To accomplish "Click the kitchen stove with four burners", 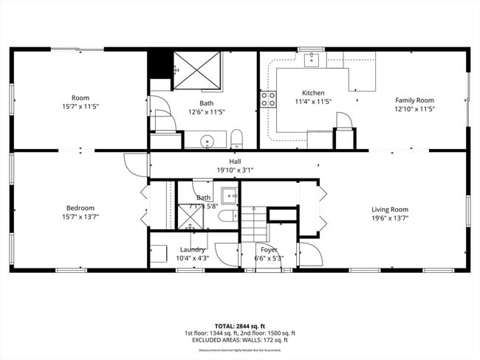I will coord(267,99).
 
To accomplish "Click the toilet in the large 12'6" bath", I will coord(237,138).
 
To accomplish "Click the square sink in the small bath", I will coord(230,196).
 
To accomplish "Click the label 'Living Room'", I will coord(389,209).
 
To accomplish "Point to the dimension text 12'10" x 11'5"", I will coord(414,108).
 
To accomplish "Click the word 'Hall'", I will coord(235,161).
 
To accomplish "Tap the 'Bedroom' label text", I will coord(80,209).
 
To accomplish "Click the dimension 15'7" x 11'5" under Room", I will coord(80,107).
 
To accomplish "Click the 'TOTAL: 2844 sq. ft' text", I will coord(236,325).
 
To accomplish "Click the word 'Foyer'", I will coord(269,249).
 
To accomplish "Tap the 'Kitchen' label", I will coord(314,92).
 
